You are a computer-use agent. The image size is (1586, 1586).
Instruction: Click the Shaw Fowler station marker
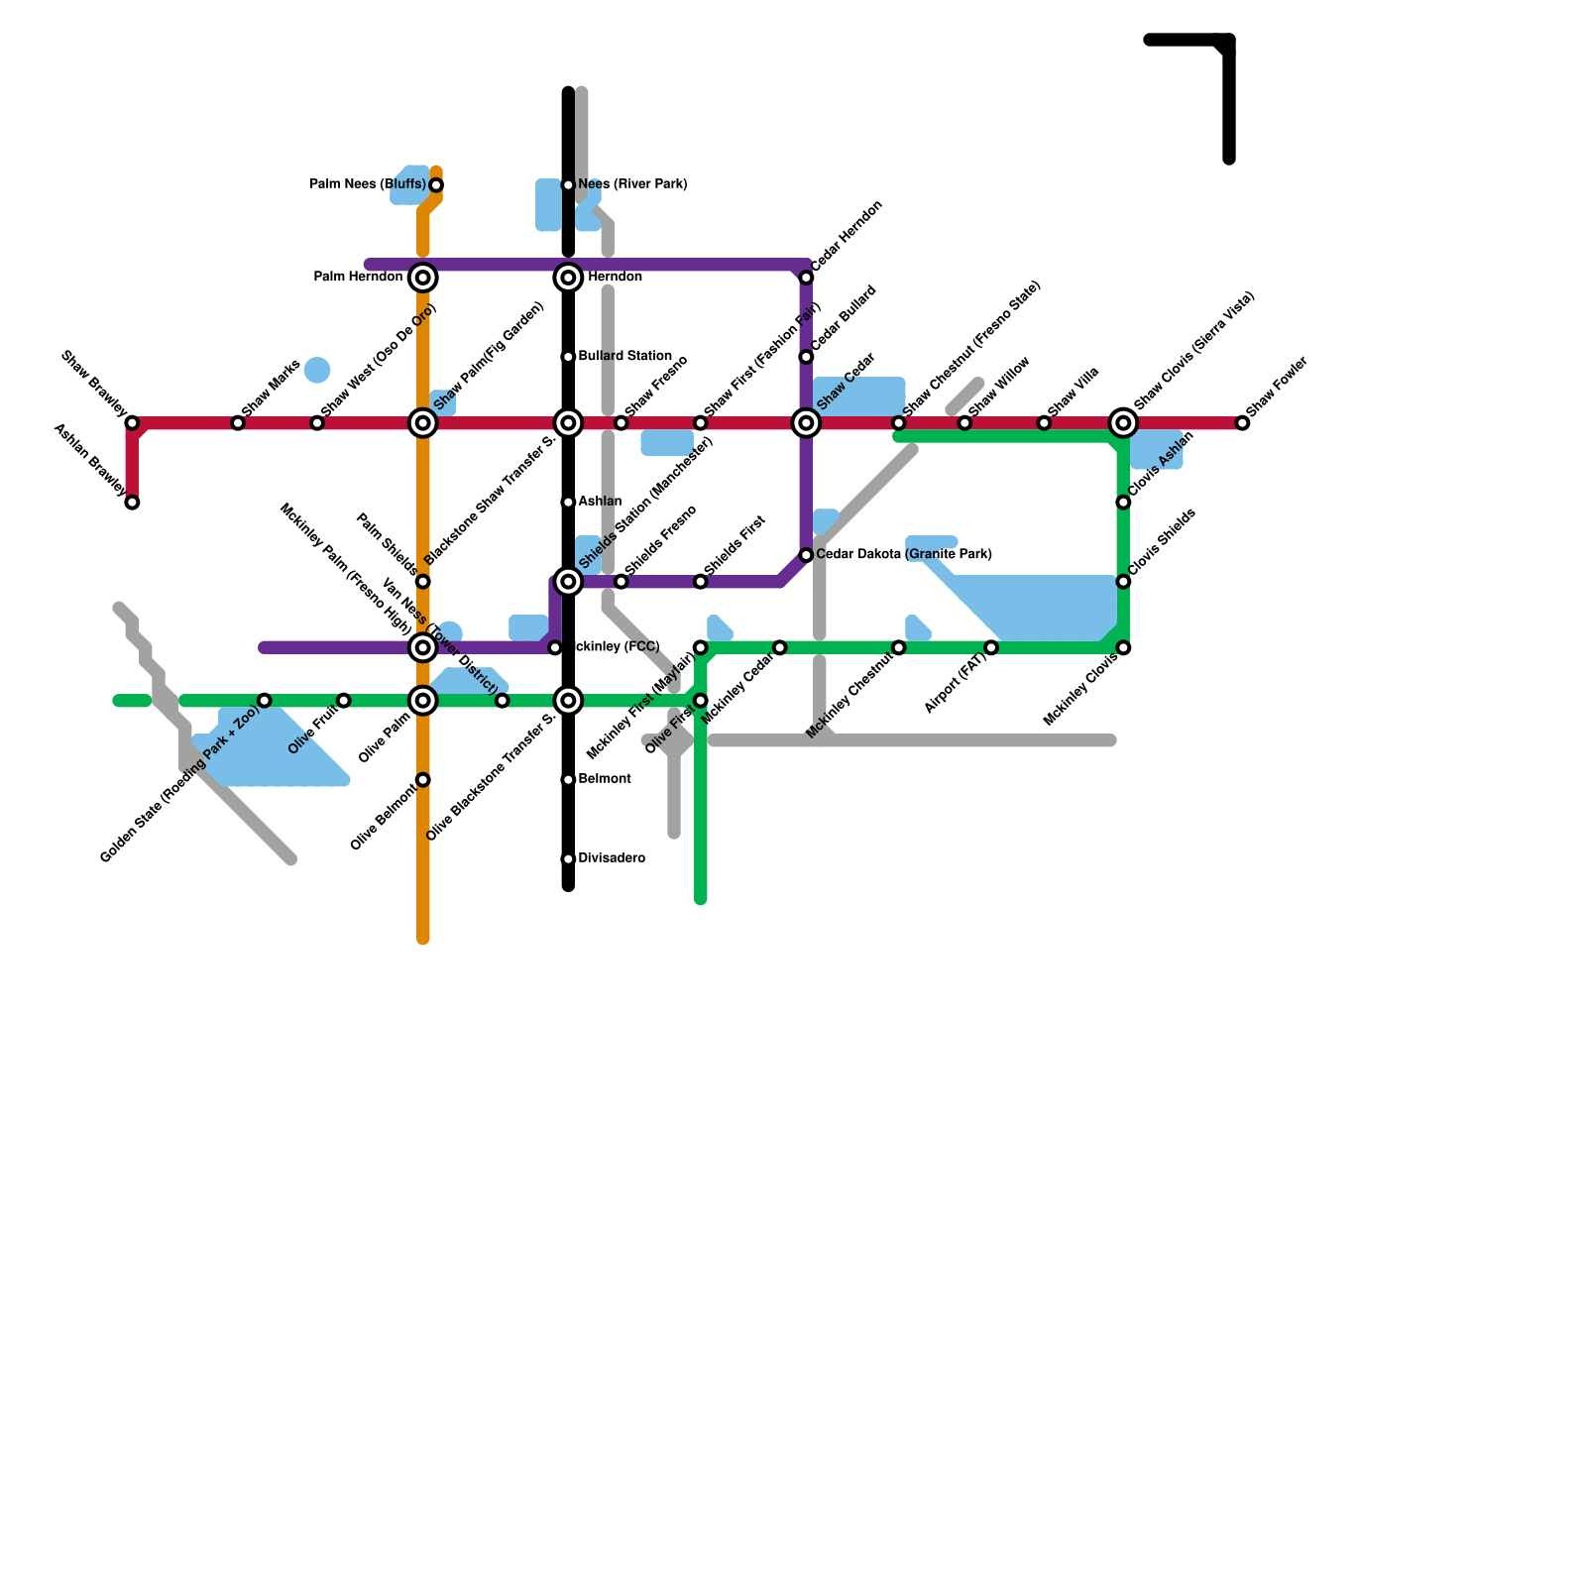1242,423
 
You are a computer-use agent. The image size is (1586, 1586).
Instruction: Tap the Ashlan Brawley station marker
132,503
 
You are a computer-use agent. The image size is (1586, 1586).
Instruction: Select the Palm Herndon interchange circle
423,278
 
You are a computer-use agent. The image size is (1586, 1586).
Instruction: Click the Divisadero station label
612,858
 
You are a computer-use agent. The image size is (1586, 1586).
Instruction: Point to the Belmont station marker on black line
568,780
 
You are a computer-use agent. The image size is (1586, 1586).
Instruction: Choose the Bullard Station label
624,356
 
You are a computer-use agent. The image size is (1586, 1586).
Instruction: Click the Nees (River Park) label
632,184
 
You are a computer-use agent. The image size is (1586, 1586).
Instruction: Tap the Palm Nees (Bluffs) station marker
436,185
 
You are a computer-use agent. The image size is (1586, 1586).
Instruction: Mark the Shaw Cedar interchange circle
807,423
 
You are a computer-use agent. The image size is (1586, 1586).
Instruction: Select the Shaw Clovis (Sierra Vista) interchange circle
1123,423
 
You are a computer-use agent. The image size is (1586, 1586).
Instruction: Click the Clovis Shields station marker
1123,582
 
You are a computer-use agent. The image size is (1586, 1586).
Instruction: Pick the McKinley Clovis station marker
1123,648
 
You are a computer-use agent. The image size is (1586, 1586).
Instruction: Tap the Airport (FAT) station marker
991,648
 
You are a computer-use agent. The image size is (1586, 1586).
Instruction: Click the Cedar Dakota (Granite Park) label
903,554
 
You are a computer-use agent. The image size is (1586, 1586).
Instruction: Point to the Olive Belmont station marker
423,780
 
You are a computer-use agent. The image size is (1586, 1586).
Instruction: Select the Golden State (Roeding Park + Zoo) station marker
265,701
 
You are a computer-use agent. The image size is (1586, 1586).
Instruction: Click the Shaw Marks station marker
238,423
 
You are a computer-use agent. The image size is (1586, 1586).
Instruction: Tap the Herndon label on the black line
615,277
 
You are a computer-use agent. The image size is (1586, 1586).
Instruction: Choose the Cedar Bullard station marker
807,357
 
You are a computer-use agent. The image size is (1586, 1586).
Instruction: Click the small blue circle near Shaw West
317,371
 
